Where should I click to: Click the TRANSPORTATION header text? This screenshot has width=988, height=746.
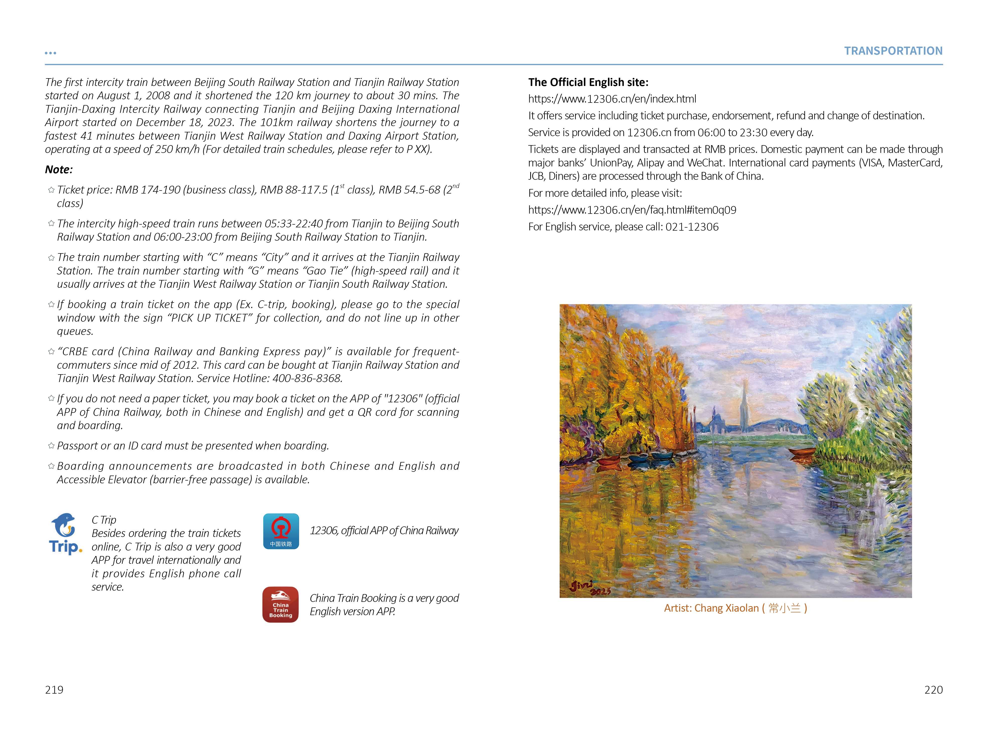(x=893, y=51)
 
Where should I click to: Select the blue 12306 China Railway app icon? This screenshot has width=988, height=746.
(x=281, y=531)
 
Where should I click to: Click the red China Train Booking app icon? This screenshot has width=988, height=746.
(x=281, y=604)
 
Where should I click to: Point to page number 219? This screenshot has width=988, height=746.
(x=54, y=690)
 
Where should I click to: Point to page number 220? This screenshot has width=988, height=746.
(x=933, y=690)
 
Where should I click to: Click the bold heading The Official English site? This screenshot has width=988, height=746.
(x=588, y=82)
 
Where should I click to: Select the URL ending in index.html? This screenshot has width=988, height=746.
(x=612, y=99)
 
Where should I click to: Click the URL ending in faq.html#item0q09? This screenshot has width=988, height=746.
(x=632, y=210)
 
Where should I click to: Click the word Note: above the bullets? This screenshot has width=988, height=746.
(x=58, y=170)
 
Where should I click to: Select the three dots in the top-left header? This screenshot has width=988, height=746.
(x=50, y=53)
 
